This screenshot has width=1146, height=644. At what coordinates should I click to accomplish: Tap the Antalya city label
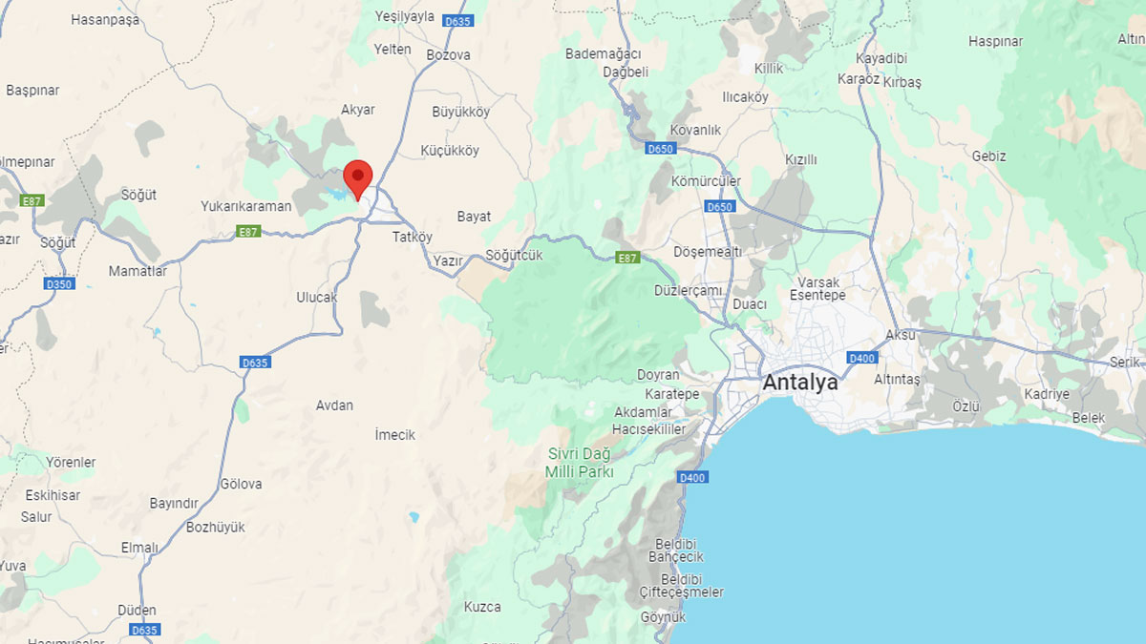click(800, 383)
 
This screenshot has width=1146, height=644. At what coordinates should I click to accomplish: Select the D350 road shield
click(59, 284)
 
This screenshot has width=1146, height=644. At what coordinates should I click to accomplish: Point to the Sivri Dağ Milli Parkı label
click(580, 463)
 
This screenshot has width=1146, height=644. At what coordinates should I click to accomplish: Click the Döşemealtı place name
click(708, 252)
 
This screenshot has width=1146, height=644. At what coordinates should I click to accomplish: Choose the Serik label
click(1125, 363)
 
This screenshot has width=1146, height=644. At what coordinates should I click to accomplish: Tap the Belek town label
click(1089, 418)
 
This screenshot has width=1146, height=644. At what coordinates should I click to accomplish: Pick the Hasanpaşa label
click(105, 19)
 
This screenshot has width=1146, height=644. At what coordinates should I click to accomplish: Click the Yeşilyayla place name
click(405, 16)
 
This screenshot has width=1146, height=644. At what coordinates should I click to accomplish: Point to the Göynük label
click(663, 617)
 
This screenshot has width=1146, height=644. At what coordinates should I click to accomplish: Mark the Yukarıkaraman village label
click(245, 205)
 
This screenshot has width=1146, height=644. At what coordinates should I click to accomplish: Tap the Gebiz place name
click(989, 156)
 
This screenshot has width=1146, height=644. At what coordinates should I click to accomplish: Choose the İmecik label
click(395, 435)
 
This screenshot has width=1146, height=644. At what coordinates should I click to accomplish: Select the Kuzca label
click(482, 607)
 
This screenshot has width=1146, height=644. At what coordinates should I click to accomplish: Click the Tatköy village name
click(413, 237)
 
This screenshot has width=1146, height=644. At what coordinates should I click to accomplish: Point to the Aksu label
click(901, 335)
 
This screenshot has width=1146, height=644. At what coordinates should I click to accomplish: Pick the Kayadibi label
click(881, 58)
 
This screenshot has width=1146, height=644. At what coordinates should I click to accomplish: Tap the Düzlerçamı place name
click(688, 290)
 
